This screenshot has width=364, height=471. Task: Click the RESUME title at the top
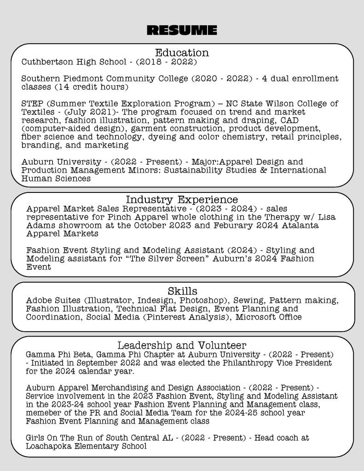(182, 31)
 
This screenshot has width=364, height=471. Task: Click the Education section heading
(182, 52)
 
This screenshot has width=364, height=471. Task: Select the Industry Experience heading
(182, 200)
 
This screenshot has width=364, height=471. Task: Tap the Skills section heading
(182, 291)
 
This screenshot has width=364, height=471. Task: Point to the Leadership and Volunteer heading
(182, 345)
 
